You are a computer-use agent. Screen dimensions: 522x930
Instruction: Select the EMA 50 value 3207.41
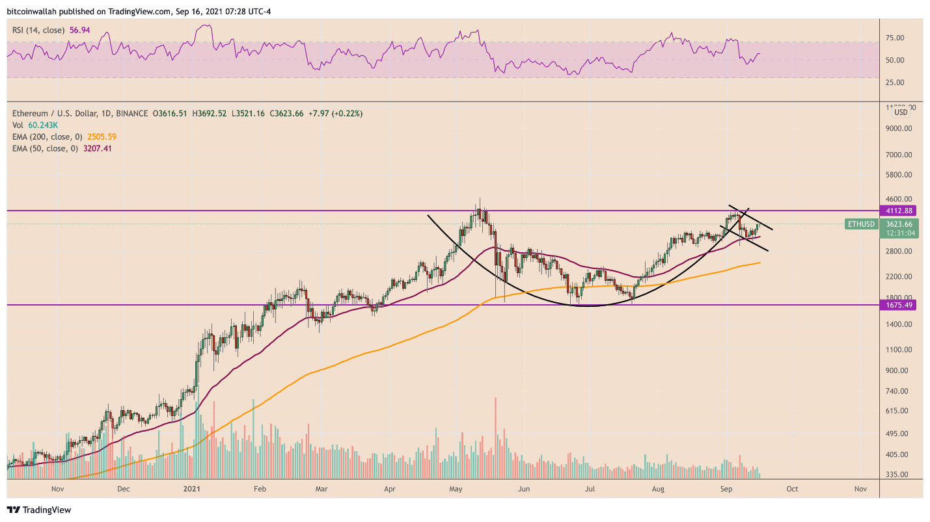click(98, 148)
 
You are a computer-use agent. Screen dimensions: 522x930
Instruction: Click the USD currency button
click(901, 112)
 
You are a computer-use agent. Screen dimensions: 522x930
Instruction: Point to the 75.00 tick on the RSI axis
click(896, 38)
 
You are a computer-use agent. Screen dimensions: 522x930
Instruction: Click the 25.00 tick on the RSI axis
click(896, 83)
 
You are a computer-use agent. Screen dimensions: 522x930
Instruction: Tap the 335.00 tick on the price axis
click(896, 475)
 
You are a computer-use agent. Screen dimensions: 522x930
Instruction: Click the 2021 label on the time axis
click(191, 488)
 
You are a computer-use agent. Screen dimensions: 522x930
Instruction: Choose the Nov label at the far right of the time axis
click(860, 488)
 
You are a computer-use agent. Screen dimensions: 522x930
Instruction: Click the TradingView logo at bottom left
click(39, 510)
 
